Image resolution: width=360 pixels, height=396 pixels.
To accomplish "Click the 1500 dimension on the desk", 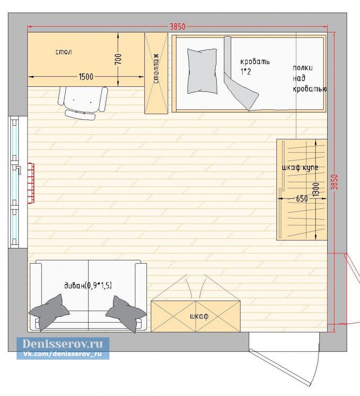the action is point(86,76).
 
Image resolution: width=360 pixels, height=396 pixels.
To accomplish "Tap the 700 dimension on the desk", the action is point(118,59).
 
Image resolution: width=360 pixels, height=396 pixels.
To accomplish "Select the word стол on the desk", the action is point(64,52).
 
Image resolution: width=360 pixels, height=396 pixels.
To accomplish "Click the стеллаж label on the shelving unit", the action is point(156,69).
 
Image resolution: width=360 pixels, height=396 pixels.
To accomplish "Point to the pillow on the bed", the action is point(202,71).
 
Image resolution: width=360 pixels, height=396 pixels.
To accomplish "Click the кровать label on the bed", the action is point(255,61).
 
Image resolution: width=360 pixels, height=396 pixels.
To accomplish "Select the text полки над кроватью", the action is point(310,78).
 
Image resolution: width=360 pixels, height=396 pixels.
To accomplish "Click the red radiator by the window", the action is point(31,183).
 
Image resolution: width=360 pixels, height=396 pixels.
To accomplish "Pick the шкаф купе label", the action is point(300,168).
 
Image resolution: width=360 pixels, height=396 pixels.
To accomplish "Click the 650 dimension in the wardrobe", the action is point(302,198).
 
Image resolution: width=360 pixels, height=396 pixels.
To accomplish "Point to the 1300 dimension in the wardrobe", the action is point(316,190).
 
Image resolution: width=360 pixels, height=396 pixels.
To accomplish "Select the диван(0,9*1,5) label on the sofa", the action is point(88,285).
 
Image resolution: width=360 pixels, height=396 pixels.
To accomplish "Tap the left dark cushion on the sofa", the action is point(49,312).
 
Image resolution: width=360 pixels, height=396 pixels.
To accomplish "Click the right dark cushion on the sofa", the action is point(126,314).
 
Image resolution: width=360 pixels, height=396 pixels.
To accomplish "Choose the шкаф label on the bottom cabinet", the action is point(199,316).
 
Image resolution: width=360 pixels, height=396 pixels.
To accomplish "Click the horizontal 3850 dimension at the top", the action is point(177,26).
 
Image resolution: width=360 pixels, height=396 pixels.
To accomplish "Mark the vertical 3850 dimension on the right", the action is point(334,182).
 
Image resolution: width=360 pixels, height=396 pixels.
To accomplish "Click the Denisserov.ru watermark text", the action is point(63,344).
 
